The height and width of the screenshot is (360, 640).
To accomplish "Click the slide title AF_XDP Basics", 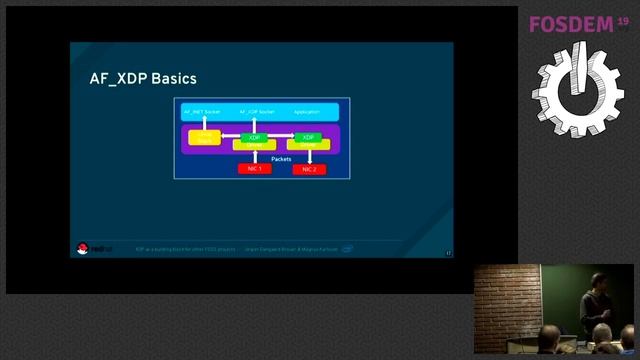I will (x=143, y=79).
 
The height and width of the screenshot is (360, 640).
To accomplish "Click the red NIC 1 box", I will (x=254, y=168).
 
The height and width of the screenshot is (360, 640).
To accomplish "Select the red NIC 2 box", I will (x=309, y=169).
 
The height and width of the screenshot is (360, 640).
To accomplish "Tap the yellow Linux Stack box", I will (x=204, y=138).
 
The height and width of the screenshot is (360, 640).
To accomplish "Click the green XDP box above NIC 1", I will (x=254, y=136).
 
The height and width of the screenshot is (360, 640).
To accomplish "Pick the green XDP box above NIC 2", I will (x=308, y=136).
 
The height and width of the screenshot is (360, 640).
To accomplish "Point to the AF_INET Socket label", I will (x=201, y=111).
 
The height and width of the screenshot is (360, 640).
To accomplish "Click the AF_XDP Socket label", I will (x=256, y=111).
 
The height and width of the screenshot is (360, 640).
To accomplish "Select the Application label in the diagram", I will (x=306, y=111).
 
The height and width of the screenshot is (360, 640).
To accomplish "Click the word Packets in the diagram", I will (x=281, y=158).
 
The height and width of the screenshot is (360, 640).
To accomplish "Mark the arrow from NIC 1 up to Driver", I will (x=254, y=156).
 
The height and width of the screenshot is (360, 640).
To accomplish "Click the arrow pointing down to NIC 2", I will (x=308, y=156).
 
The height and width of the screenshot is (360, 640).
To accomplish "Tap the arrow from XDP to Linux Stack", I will (x=229, y=136).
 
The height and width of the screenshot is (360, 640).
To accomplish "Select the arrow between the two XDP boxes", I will (x=281, y=136).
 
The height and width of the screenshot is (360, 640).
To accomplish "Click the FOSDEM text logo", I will (x=570, y=24).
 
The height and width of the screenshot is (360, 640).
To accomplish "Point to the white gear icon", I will (x=577, y=88).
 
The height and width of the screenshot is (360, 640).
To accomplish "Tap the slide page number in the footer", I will (x=448, y=252).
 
